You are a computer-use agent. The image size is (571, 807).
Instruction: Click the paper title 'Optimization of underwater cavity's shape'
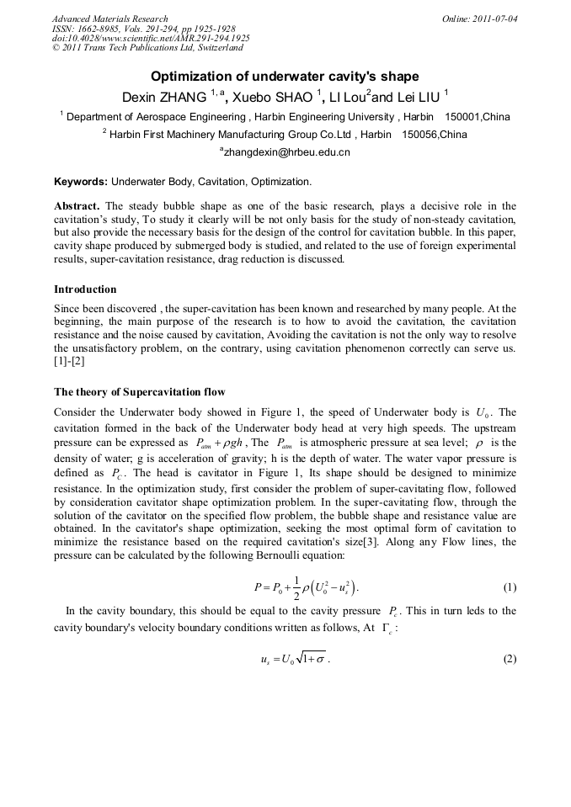(x=285, y=77)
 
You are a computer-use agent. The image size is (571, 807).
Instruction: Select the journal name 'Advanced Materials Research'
(x=109, y=19)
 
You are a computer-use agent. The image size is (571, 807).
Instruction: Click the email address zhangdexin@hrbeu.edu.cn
(x=286, y=152)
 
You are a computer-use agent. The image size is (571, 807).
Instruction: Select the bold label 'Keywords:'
(x=81, y=181)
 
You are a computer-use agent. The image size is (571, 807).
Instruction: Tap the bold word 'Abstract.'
(x=77, y=206)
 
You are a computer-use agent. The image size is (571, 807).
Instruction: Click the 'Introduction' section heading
(x=85, y=289)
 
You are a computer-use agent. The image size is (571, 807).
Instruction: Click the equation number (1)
(x=509, y=587)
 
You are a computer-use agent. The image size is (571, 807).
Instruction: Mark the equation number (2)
(x=509, y=659)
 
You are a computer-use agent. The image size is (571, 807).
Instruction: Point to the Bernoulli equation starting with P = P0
(x=307, y=587)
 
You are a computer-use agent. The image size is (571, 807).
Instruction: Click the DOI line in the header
(x=150, y=38)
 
